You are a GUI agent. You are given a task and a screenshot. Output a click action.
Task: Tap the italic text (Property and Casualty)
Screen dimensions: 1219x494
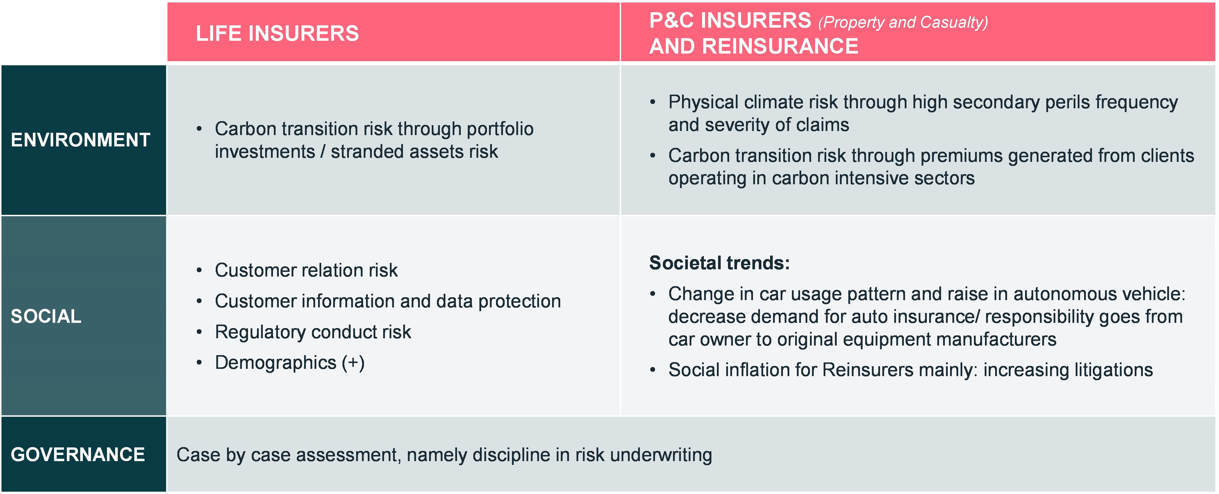point(903,22)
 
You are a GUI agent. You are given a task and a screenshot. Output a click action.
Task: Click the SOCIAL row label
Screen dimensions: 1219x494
point(46,316)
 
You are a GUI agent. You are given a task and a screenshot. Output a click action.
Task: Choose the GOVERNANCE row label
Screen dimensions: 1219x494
point(78,455)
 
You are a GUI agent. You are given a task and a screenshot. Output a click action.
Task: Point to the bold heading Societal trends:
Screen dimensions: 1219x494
point(719,263)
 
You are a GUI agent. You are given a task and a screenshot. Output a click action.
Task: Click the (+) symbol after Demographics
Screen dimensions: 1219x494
point(353,363)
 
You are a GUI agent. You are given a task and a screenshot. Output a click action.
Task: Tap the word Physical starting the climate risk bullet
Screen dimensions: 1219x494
point(703,102)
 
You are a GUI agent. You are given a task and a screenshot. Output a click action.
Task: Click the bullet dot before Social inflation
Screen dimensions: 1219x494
point(653,370)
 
